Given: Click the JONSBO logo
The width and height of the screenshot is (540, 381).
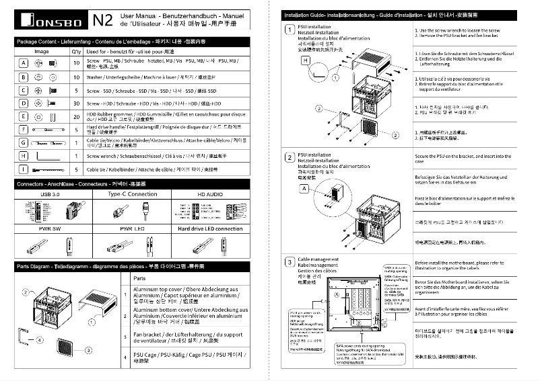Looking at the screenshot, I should tap(47, 21).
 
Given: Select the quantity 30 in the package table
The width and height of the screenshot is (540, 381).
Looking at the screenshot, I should tap(75, 103).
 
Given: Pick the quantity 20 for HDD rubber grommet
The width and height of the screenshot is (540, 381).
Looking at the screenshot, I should tap(75, 116).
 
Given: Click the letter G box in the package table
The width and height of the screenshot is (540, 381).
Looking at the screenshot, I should tap(23, 142).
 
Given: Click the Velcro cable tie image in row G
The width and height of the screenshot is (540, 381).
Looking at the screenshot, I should tap(46, 142).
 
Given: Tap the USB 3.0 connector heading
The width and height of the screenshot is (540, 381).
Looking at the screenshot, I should tap(50, 194).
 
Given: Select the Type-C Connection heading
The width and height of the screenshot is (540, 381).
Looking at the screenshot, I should tap(133, 194).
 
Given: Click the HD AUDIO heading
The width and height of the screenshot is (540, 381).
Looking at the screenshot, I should tap(211, 194).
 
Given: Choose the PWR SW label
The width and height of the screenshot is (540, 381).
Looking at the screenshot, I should tap(50, 228).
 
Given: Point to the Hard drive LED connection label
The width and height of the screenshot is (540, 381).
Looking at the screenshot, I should tap(211, 228).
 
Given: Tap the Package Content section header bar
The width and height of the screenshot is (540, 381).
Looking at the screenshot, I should tap(135, 42).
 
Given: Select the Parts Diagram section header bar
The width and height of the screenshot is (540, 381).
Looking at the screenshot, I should tap(135, 266).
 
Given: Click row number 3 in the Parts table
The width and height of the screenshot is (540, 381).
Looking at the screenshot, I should tap(125, 336).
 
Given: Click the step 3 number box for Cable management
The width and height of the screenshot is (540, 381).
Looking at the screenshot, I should tap(288, 261).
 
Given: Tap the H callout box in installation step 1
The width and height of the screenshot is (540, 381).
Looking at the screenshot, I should tap(306, 60).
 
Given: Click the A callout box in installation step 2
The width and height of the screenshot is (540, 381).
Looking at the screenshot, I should tap(304, 189).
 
